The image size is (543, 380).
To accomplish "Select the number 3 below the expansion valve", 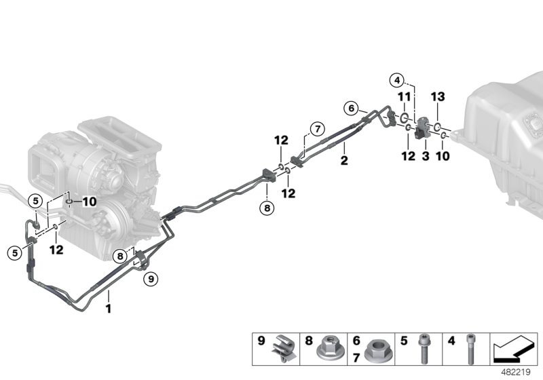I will tap(426, 157).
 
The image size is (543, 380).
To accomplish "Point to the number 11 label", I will tap(404, 97).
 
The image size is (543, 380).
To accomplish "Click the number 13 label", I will tap(438, 97).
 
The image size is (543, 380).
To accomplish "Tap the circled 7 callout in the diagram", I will tap(315, 128).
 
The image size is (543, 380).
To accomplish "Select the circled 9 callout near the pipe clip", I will tap(151, 278).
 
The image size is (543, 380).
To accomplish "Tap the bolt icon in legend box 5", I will tap(425, 349).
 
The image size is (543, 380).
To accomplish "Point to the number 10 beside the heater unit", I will tap(89, 202).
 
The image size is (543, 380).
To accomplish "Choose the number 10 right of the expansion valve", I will tap(443, 157).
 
